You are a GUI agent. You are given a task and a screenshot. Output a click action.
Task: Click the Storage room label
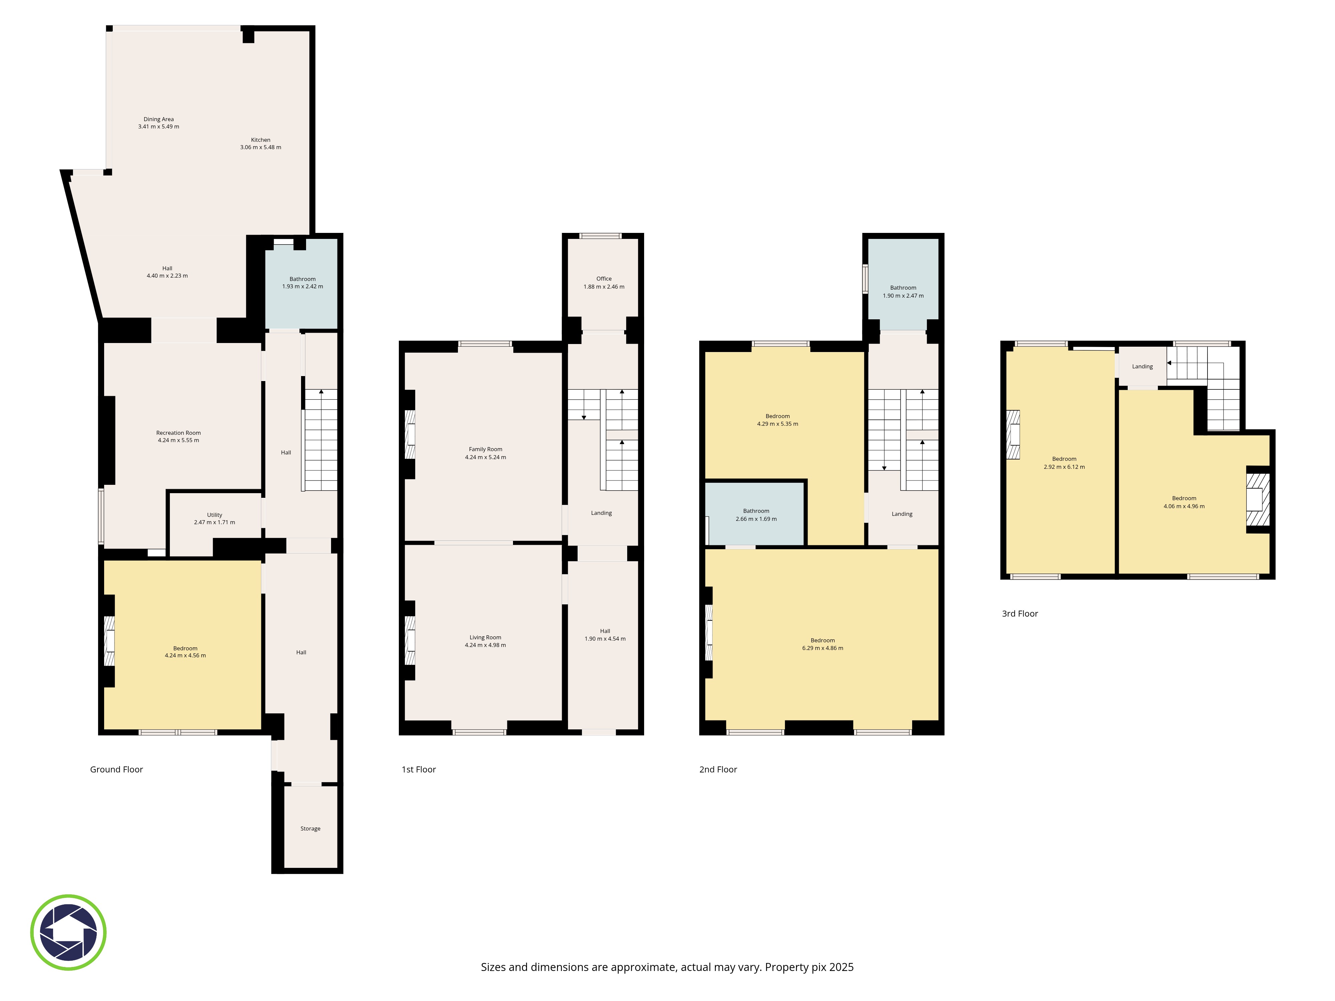pos(310,828)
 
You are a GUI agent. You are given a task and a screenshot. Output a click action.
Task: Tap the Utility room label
pos(214,515)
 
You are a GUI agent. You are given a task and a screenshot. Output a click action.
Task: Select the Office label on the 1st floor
pos(603,279)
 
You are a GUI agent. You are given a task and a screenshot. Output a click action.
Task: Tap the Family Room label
pos(485,449)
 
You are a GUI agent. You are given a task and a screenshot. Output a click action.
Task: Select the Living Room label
pos(485,637)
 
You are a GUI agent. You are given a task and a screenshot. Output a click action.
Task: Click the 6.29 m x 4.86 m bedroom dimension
pos(823,648)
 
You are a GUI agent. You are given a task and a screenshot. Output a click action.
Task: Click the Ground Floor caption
pos(116,769)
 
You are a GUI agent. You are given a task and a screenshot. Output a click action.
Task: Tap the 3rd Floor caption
pos(1020,614)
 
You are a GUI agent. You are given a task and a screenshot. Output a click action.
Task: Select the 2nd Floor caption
pos(718,769)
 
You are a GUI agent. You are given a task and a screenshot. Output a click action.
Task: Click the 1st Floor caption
pos(419,769)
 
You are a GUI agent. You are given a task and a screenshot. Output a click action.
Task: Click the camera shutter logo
pos(68,932)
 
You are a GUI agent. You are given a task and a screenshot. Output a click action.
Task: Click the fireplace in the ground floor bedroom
pos(109,640)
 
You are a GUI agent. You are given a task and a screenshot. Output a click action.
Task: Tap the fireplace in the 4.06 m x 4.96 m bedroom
pos(1258,499)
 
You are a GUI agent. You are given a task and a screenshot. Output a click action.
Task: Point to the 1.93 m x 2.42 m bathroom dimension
pos(302,287)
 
